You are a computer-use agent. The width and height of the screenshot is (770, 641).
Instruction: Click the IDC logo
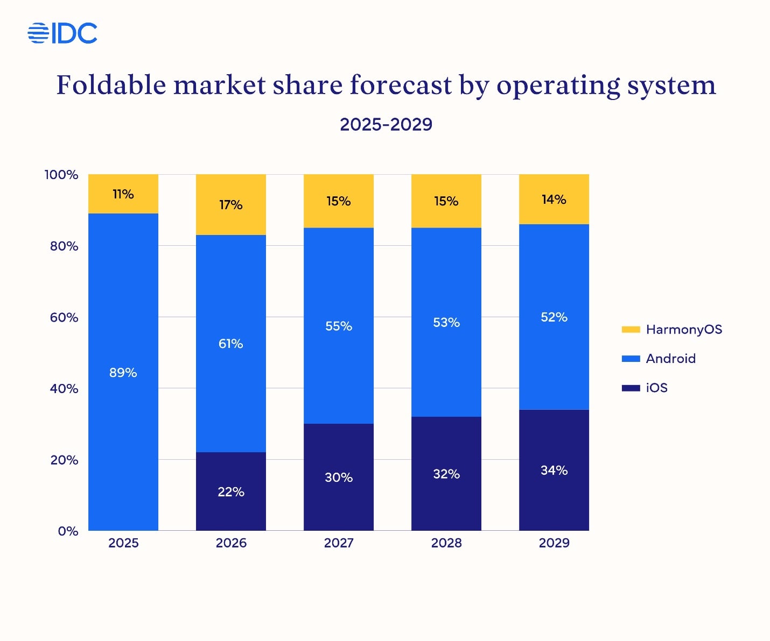tap(62, 33)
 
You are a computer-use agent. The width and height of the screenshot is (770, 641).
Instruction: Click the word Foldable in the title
tap(111, 85)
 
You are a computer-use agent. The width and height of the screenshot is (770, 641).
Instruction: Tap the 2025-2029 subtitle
tap(386, 124)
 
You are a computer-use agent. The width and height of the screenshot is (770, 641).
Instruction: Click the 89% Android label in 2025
tap(123, 373)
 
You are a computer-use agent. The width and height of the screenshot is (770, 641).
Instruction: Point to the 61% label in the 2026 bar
tap(231, 344)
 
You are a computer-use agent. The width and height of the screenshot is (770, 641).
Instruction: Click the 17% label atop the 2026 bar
tap(231, 205)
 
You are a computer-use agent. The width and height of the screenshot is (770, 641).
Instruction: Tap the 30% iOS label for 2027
tap(339, 478)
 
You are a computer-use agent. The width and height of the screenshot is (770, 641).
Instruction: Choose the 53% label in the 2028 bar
tap(446, 323)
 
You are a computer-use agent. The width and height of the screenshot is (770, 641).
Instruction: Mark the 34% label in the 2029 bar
tap(554, 471)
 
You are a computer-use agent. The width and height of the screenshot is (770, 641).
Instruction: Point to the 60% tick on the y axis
tap(64, 317)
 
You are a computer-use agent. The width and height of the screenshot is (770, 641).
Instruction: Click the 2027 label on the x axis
tap(339, 543)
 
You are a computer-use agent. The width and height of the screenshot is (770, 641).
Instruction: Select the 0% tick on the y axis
tap(68, 531)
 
